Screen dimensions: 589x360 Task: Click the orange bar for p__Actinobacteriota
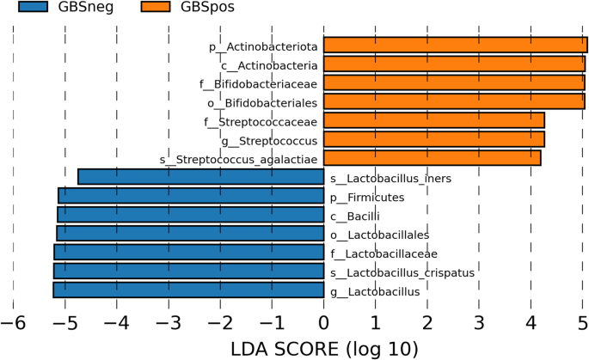[x=455, y=45]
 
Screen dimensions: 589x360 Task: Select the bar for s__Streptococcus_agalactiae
[x=432, y=158]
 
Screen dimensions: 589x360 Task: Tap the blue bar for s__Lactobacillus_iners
[x=201, y=177]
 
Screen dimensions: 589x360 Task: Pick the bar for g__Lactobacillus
[x=188, y=290]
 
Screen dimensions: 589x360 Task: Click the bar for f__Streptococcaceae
[x=434, y=120]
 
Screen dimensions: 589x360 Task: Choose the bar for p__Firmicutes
[x=191, y=196]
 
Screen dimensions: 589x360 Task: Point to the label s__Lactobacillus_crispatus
[x=402, y=273]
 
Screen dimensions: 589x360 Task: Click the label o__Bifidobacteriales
[x=262, y=103]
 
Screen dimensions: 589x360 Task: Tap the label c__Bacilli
[x=355, y=217]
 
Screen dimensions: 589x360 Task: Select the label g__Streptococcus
[x=269, y=141]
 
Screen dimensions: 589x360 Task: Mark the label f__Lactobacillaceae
[x=383, y=254]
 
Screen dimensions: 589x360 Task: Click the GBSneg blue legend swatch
[x=33, y=6]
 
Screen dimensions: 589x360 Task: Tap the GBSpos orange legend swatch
[x=156, y=6]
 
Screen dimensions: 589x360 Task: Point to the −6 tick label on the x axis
[x=13, y=322]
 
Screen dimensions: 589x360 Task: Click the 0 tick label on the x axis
[x=323, y=322]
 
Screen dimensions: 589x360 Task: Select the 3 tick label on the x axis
[x=479, y=322]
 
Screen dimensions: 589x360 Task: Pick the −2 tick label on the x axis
[x=220, y=322]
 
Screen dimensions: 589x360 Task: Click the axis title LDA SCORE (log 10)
[x=324, y=349]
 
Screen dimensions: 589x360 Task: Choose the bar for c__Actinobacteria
[x=454, y=64]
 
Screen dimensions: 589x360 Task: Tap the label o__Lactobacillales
[x=380, y=235]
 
